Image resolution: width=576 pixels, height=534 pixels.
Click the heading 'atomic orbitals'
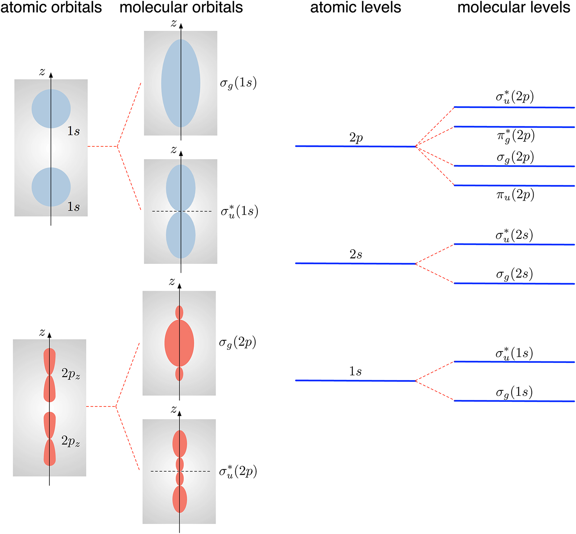coord(51,7)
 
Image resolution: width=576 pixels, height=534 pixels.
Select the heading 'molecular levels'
coord(514,7)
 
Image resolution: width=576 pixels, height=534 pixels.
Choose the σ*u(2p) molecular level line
coord(514,107)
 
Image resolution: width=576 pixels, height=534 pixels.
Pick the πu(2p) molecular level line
coord(514,186)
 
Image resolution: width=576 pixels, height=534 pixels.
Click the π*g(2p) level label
coord(516,136)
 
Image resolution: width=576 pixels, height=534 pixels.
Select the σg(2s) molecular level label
coord(514,274)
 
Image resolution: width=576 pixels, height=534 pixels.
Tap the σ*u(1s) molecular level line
coord(514,362)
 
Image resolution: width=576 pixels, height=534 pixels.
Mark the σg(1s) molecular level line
coord(514,401)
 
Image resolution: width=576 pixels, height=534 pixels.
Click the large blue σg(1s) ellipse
coord(181,83)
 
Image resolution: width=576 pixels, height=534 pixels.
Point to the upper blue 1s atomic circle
coord(51,109)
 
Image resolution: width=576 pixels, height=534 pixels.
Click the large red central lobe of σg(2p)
coord(179,343)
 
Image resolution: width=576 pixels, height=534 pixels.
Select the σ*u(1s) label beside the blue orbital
coord(239,211)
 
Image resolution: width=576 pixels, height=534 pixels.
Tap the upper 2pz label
coord(71,374)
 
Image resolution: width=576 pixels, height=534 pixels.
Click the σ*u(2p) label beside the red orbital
coord(238,471)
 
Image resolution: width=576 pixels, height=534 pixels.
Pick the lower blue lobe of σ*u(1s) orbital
coord(181,235)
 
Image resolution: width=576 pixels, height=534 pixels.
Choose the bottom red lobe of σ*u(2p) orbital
coord(180,499)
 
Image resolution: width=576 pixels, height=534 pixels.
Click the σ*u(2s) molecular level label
coord(514,235)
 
